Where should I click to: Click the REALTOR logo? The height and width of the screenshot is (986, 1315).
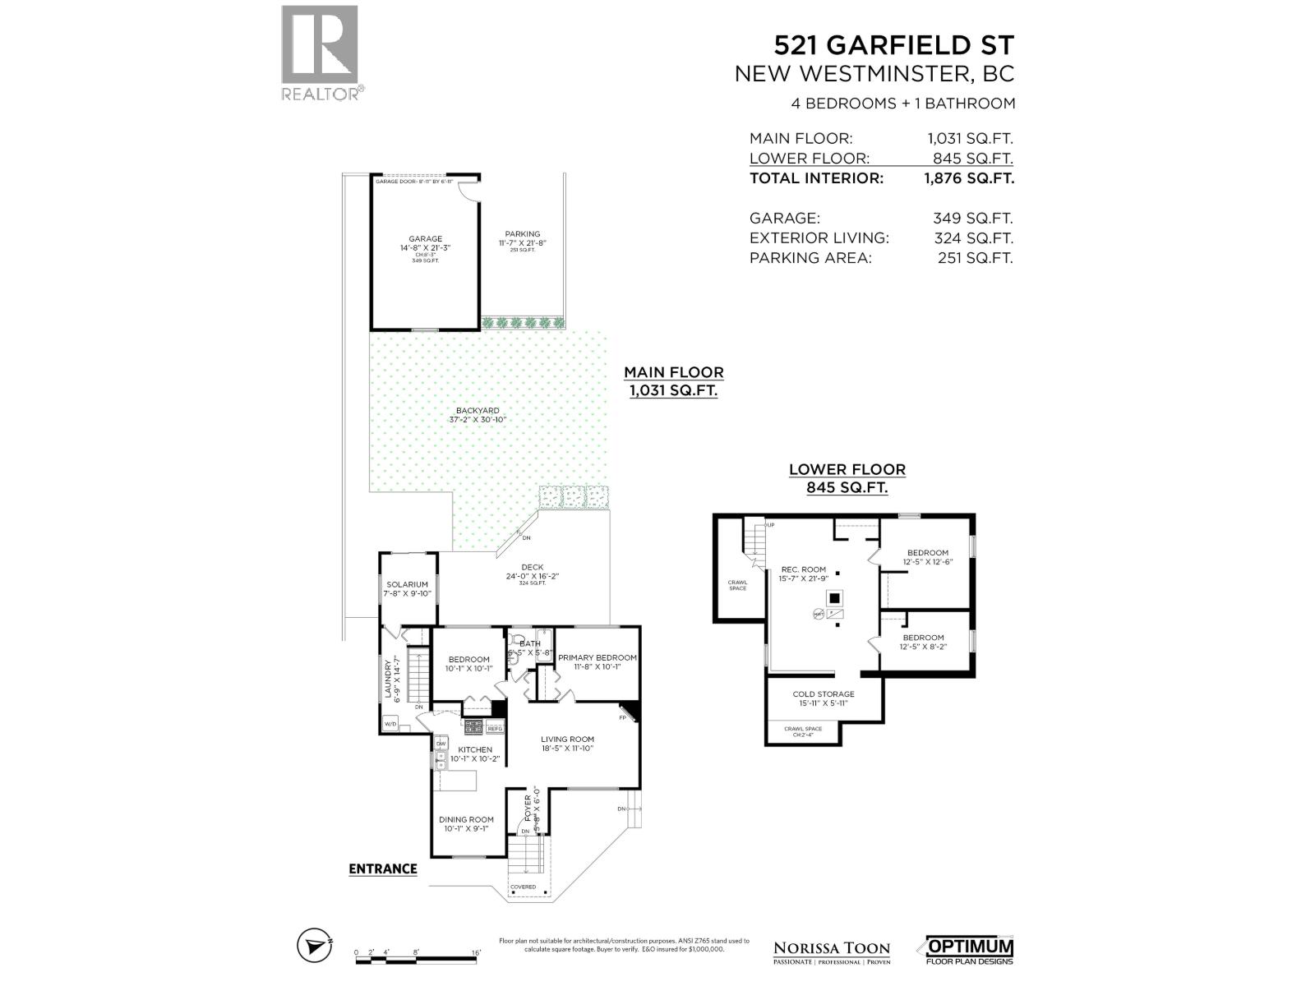point(321,53)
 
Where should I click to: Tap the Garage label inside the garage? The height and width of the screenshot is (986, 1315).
point(425,239)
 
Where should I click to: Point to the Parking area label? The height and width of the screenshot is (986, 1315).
point(522,234)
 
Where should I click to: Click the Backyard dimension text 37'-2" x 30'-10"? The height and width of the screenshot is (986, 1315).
point(478,420)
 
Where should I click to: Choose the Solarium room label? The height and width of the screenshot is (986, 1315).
point(408,585)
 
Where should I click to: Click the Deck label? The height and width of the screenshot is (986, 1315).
point(532,567)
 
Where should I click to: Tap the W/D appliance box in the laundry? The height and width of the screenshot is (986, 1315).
point(390,724)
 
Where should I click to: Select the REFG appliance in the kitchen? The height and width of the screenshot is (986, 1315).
point(495,728)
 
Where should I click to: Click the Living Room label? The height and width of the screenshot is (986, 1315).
point(567,739)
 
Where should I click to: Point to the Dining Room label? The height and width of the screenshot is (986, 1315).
point(466,819)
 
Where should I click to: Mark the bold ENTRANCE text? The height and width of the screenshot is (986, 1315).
point(382,869)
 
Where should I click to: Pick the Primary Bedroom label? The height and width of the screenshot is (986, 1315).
point(598,657)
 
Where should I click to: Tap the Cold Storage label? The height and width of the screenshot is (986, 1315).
point(824,694)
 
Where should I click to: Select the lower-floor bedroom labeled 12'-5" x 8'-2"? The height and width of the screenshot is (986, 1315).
point(923,642)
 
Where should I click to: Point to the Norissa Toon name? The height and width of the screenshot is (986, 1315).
point(832,948)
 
